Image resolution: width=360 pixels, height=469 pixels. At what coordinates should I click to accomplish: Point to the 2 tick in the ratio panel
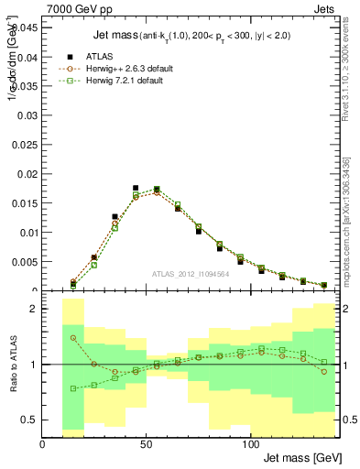point(34,310)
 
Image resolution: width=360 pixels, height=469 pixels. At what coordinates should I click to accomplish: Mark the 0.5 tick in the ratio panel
point(29,420)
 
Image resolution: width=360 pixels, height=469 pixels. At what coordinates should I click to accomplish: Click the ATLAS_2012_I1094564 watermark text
point(190,274)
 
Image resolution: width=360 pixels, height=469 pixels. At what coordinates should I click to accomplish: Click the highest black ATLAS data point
point(136,188)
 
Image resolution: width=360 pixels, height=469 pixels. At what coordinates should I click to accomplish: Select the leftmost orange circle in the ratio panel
point(73,338)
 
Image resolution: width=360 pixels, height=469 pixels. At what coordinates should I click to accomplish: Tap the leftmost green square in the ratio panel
point(73,388)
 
